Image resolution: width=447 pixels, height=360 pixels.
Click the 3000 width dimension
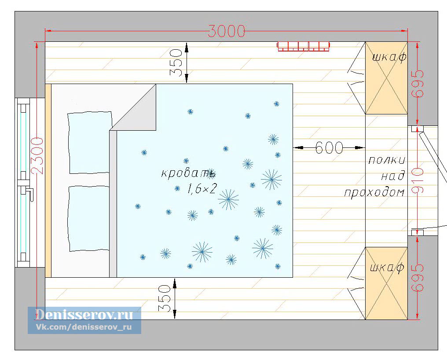[226, 31]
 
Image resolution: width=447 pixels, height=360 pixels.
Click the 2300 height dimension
[38, 156]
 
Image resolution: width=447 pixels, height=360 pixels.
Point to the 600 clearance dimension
[329, 148]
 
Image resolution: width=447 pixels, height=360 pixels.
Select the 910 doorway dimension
[418, 180]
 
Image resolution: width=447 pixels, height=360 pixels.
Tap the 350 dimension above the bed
[176, 62]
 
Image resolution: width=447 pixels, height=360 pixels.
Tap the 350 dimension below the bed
[165, 298]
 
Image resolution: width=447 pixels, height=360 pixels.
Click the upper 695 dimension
[418, 83]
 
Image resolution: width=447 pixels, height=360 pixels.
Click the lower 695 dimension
[418, 278]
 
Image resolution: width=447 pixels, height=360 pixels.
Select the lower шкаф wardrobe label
[387, 268]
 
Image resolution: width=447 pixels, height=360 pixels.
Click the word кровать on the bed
[188, 173]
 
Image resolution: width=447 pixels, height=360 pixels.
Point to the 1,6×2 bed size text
[202, 188]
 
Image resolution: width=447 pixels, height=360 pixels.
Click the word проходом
[374, 193]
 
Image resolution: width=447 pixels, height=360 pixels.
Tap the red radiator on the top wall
[304, 47]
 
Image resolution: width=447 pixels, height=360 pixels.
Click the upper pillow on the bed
[89, 142]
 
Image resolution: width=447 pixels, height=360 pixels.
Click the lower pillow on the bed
[89, 219]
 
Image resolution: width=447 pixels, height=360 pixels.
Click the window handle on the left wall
[27, 191]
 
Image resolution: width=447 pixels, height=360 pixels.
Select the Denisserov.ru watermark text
[84, 315]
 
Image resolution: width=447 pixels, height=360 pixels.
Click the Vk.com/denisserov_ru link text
[84, 327]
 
